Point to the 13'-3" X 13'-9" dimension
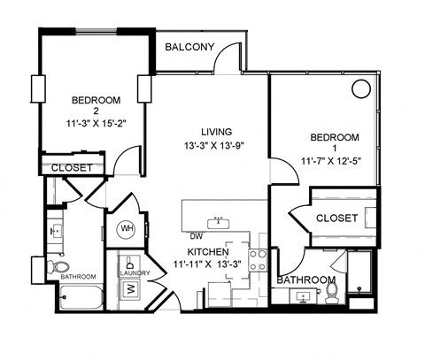tap(215, 145)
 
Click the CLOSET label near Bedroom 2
tap(73, 167)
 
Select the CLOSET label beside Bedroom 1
tap(336, 217)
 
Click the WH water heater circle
tap(127, 229)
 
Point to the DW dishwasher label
tap(196, 236)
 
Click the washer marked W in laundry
tap(130, 287)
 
